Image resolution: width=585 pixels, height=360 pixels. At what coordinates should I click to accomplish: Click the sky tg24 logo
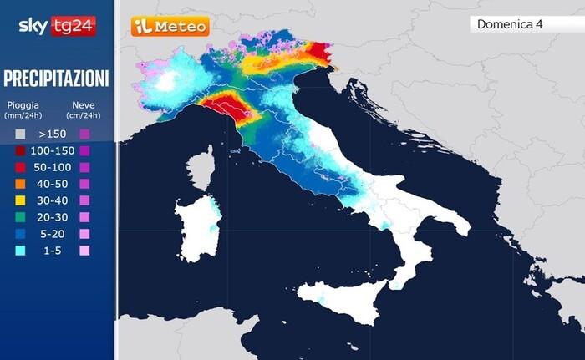click(x=57, y=26)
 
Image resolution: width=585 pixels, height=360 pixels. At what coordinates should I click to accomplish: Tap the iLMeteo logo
click(x=170, y=27)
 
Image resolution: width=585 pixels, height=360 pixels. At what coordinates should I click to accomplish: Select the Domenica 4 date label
click(x=510, y=24)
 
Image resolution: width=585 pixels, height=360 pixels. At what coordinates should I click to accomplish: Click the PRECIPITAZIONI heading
click(x=57, y=79)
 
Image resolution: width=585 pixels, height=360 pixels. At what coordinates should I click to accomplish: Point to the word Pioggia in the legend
click(x=23, y=105)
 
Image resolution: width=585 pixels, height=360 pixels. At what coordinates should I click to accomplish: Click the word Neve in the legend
click(x=84, y=105)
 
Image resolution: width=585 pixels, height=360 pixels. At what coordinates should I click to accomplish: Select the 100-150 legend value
click(x=53, y=150)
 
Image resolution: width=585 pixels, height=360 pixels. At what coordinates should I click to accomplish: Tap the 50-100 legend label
click(x=53, y=167)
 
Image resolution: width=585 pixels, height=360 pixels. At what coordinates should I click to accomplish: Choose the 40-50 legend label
click(x=53, y=184)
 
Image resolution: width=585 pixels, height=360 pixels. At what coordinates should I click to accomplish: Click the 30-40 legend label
click(x=53, y=200)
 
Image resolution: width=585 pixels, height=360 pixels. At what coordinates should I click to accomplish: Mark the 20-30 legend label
click(x=53, y=217)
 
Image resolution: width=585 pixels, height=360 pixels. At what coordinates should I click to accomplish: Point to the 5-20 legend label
click(x=53, y=234)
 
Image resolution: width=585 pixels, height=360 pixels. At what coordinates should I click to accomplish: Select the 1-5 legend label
click(x=53, y=251)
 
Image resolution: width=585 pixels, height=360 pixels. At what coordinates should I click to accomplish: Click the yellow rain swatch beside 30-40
click(x=19, y=200)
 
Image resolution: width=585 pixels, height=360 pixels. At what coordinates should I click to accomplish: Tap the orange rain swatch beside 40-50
click(x=19, y=184)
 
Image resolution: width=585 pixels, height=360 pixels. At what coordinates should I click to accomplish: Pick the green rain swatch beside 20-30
click(x=19, y=217)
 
